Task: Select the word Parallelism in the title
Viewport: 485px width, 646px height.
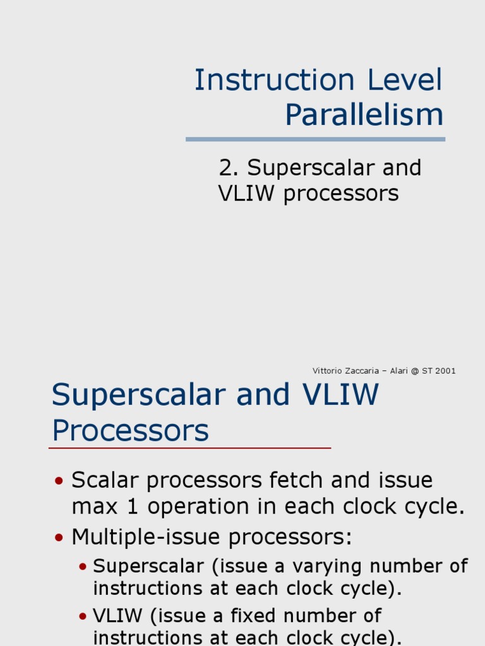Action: tap(364, 115)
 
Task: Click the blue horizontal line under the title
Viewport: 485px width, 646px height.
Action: tap(315, 139)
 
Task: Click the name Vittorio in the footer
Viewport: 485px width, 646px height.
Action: tap(326, 371)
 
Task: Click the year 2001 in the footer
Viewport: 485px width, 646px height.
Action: tap(445, 371)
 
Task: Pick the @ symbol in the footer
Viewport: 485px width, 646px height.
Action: tap(414, 371)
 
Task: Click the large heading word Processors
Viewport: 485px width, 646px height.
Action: tap(130, 431)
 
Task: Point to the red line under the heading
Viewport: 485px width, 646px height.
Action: tap(189, 448)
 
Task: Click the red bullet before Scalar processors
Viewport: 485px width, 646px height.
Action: tap(59, 481)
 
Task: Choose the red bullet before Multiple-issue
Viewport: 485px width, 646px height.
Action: tap(59, 538)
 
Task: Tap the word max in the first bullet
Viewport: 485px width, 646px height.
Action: tap(91, 507)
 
